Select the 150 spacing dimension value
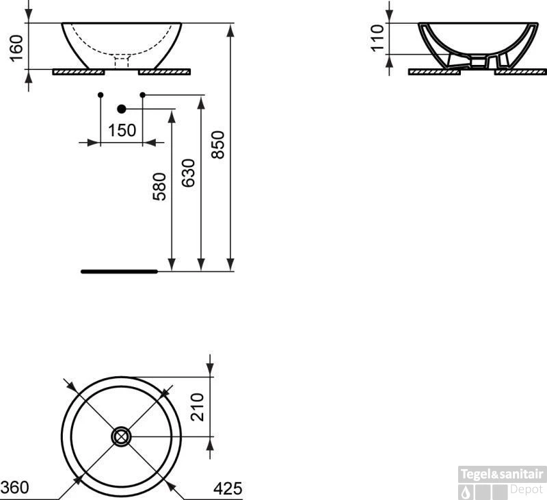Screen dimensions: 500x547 tap(122, 130)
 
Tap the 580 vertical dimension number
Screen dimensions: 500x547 tap(159, 186)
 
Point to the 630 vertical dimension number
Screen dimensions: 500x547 tap(189, 172)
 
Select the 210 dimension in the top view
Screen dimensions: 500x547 tap(198, 408)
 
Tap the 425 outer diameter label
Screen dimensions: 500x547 tap(228, 488)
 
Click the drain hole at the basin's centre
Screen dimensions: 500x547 tap(122, 436)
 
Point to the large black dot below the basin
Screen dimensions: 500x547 tap(122, 109)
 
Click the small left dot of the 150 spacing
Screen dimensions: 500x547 tap(101, 94)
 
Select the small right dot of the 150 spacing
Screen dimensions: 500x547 tap(142, 94)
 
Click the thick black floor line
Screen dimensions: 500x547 tap(119, 272)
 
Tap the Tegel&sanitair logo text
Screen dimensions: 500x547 tap(501, 473)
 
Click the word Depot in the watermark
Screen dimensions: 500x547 tap(526, 489)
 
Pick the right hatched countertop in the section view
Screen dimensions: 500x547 tap(520, 71)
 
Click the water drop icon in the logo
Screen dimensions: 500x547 tap(466, 490)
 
